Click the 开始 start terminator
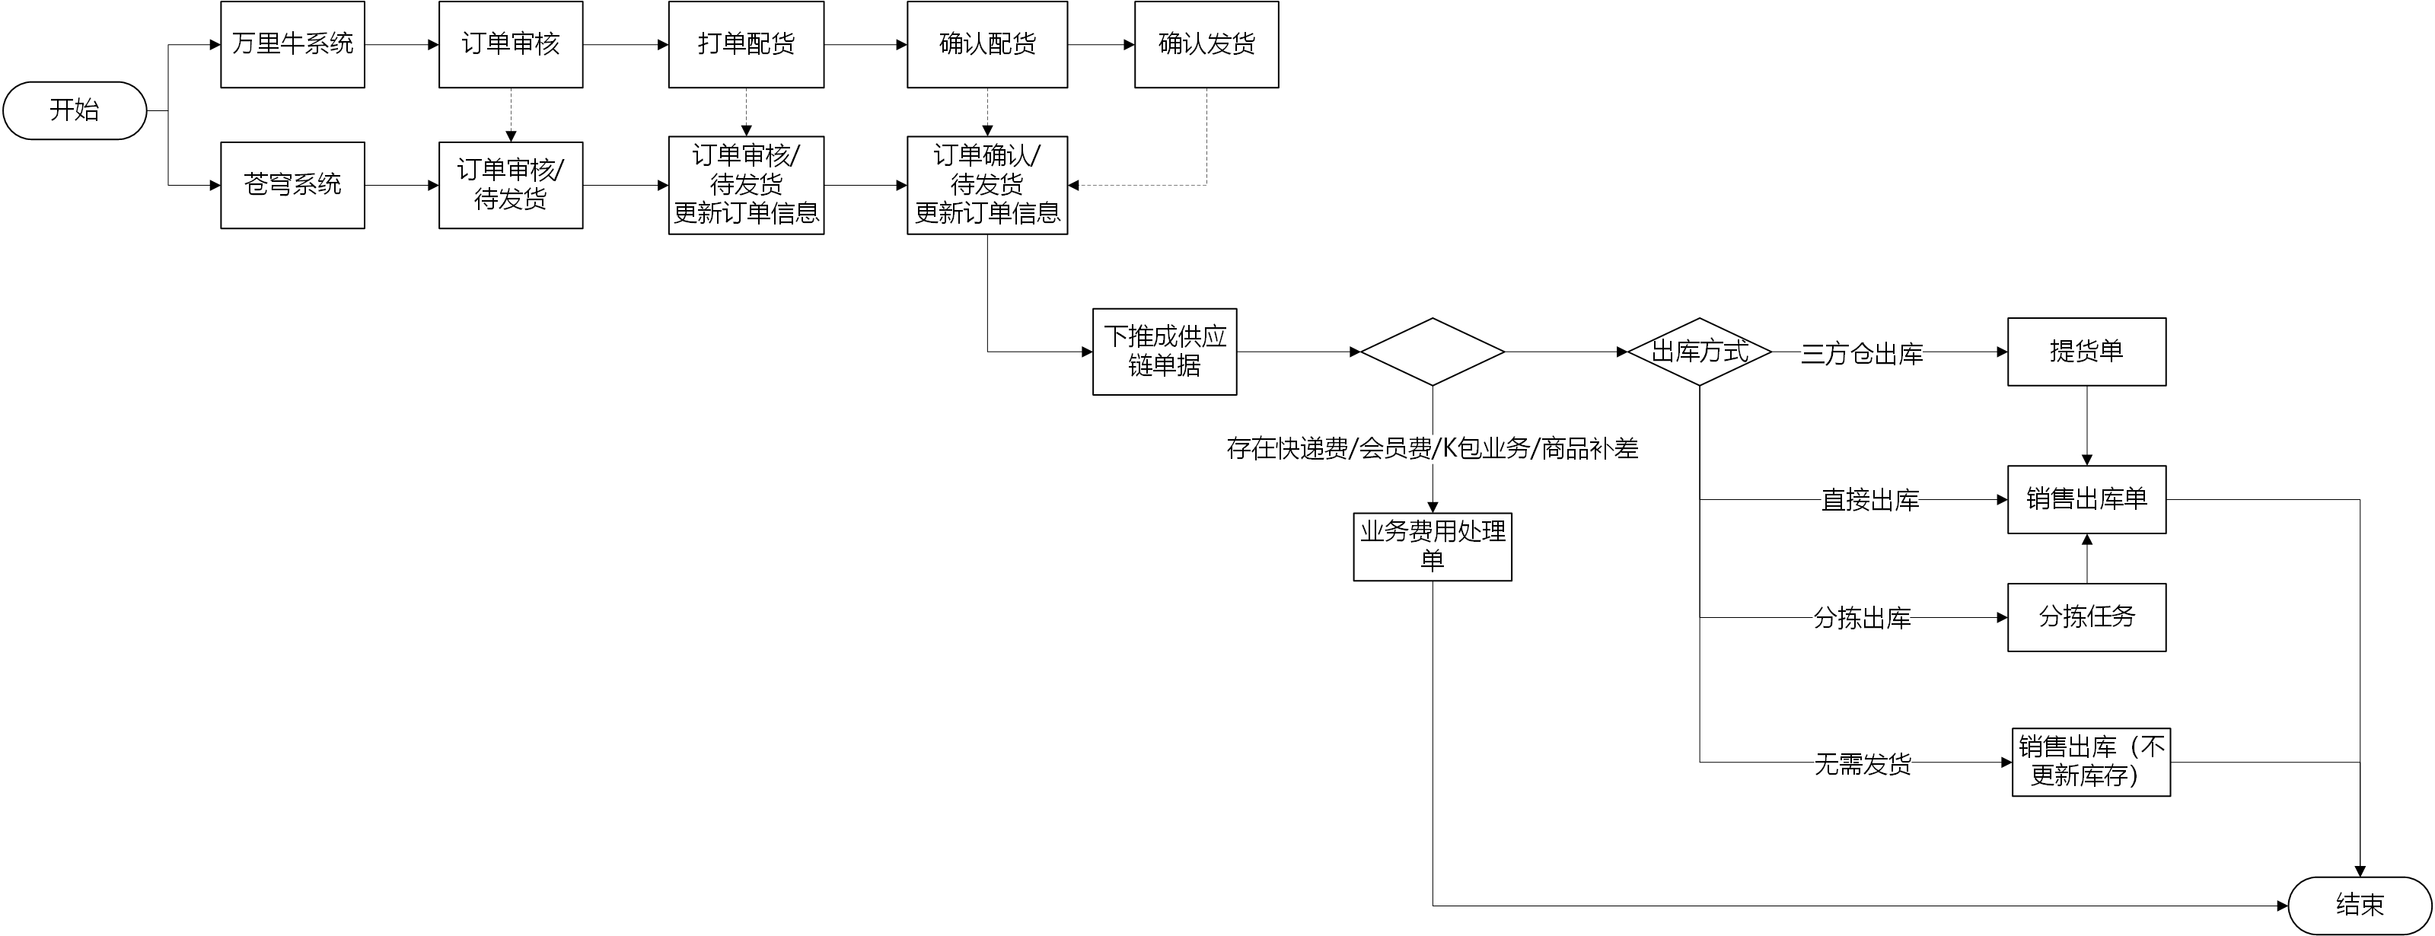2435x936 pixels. pos(75,110)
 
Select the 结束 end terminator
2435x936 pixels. pos(2360,905)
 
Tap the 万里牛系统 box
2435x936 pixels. pos(292,44)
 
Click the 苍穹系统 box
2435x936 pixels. pos(292,186)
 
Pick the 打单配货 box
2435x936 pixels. pos(746,44)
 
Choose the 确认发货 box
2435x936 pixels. pos(1206,44)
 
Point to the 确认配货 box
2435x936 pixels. pos(986,44)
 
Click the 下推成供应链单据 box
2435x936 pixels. pos(1165,352)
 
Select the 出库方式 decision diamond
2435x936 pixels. pos(1699,352)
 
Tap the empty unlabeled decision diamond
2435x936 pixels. pos(1432,352)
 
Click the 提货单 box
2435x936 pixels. pos(2086,352)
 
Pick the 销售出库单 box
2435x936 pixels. pos(2086,499)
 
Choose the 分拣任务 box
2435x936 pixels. pos(2086,617)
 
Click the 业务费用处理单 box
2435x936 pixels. pos(1432,546)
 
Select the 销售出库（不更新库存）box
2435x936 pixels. pos(2091,762)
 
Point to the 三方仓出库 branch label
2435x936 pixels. pos(1861,354)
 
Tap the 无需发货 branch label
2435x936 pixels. pos(1862,764)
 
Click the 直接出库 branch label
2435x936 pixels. pos(1869,500)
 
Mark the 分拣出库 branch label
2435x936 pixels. pos(1862,619)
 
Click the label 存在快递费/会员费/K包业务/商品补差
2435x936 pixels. pos(1432,448)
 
